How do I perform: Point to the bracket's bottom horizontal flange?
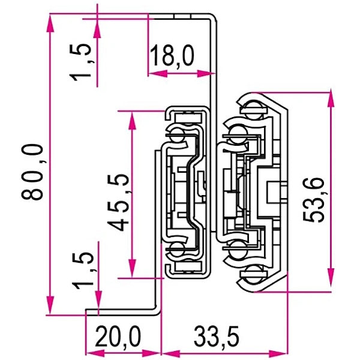point(123,311)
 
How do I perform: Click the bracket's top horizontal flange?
point(180,16)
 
